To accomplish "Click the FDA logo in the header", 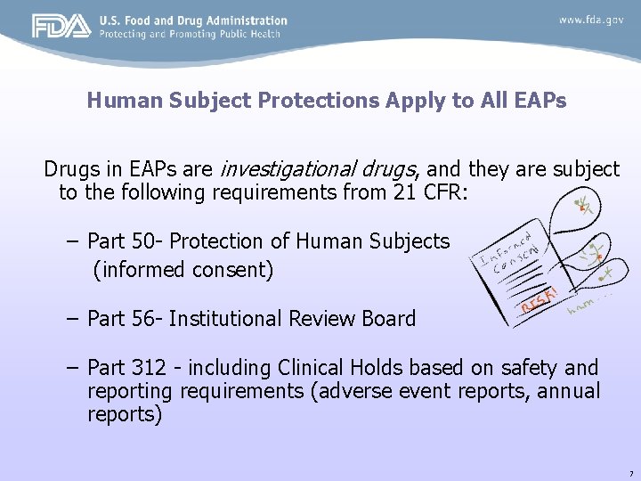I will (61, 26).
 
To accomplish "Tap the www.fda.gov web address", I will (589, 19).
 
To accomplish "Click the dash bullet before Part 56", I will (72, 319).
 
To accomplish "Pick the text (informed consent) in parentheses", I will (183, 269).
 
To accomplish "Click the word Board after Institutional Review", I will (386, 319).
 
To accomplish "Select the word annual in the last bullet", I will (569, 391).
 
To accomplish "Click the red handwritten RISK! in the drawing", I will (540, 301).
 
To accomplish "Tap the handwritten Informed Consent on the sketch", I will (510, 253).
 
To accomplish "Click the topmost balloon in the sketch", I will (580, 207).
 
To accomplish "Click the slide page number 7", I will (630, 472).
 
